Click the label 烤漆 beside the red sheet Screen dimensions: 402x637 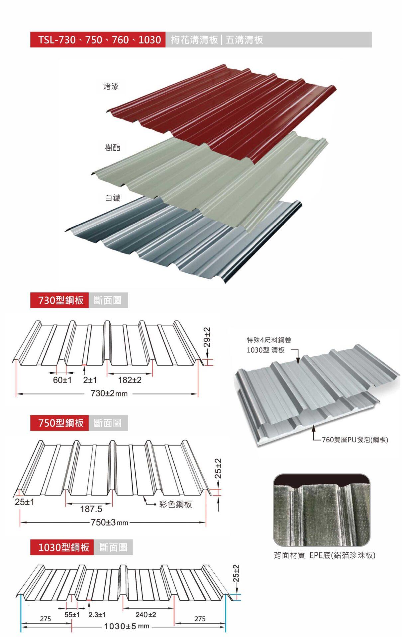coord(111,87)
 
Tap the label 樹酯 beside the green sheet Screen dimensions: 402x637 coord(112,148)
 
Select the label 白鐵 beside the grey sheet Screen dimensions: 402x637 coord(112,198)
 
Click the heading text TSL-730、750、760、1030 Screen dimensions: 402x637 coord(99,40)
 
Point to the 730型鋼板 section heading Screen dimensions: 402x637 coord(61,300)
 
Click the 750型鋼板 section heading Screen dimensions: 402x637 coord(61,423)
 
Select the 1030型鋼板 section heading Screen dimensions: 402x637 coord(64,547)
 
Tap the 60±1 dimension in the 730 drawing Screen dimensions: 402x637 coord(62,380)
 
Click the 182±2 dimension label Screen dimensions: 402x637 coord(130,380)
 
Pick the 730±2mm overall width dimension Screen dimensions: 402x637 coord(109,393)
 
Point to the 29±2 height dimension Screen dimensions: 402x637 coord(207,337)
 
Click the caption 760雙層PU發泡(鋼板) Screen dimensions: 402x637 coord(355,440)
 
